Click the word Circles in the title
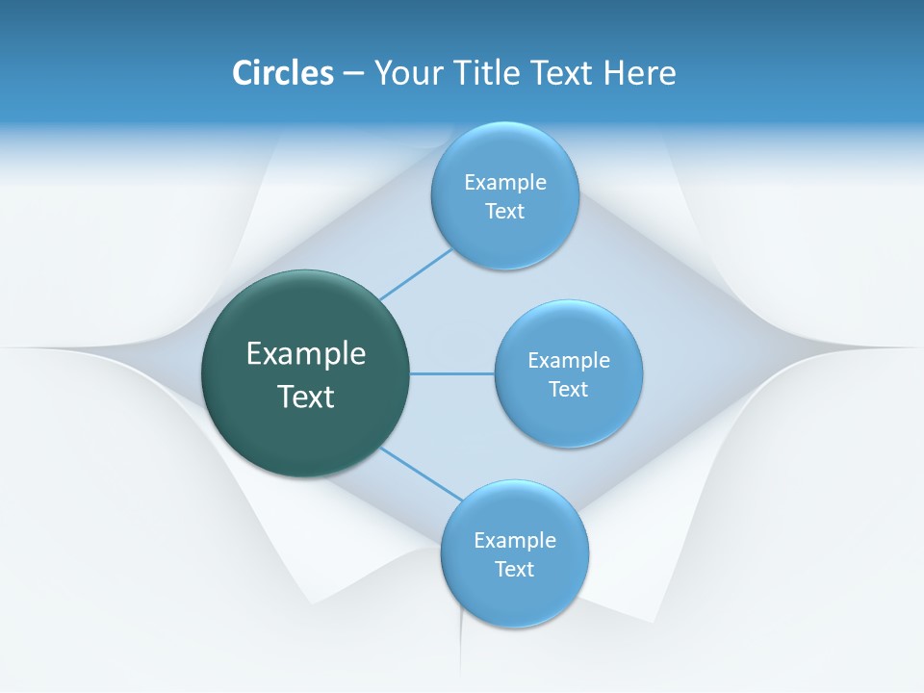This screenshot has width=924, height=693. (283, 73)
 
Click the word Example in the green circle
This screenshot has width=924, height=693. (306, 354)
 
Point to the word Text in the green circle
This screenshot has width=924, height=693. (306, 397)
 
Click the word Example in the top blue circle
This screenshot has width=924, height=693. (505, 183)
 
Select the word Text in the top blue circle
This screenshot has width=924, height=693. (505, 212)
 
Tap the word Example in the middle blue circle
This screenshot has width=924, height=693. (569, 361)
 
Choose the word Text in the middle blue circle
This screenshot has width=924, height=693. (569, 390)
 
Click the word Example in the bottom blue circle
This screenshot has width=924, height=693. (515, 541)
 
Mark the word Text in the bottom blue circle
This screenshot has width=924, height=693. (515, 570)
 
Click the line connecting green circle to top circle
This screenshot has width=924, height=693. (416, 274)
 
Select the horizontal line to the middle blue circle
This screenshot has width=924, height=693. (452, 373)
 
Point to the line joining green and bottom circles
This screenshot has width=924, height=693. (422, 475)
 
